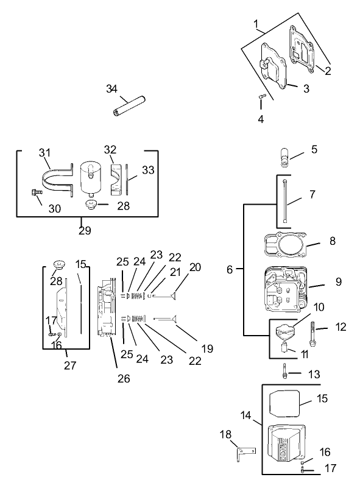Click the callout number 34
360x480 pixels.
point(111,89)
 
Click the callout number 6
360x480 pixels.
point(230,269)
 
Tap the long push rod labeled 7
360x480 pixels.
point(284,200)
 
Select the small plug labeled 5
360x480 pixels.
point(284,157)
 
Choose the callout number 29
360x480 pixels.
point(85,230)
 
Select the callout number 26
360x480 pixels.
point(124,378)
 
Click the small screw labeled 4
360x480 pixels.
point(261,97)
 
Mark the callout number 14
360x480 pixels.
point(245,415)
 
